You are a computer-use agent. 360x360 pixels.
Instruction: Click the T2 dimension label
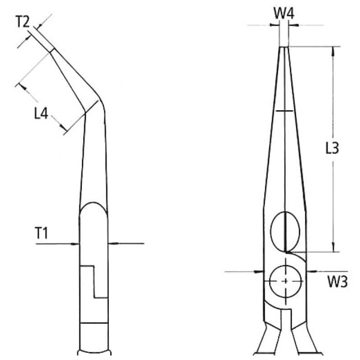pos(23,22)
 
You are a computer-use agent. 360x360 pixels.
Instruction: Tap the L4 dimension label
pos(41,114)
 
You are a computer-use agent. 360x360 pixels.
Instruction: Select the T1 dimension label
pos(41,233)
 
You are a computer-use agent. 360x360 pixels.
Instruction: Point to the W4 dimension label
pos(284,14)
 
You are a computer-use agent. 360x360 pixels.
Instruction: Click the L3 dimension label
pos(332,148)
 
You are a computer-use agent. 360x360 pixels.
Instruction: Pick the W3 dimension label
pos(337,282)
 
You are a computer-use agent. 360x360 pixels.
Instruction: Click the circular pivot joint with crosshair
pos(285,281)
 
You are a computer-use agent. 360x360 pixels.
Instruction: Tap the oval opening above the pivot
pos(285,231)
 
